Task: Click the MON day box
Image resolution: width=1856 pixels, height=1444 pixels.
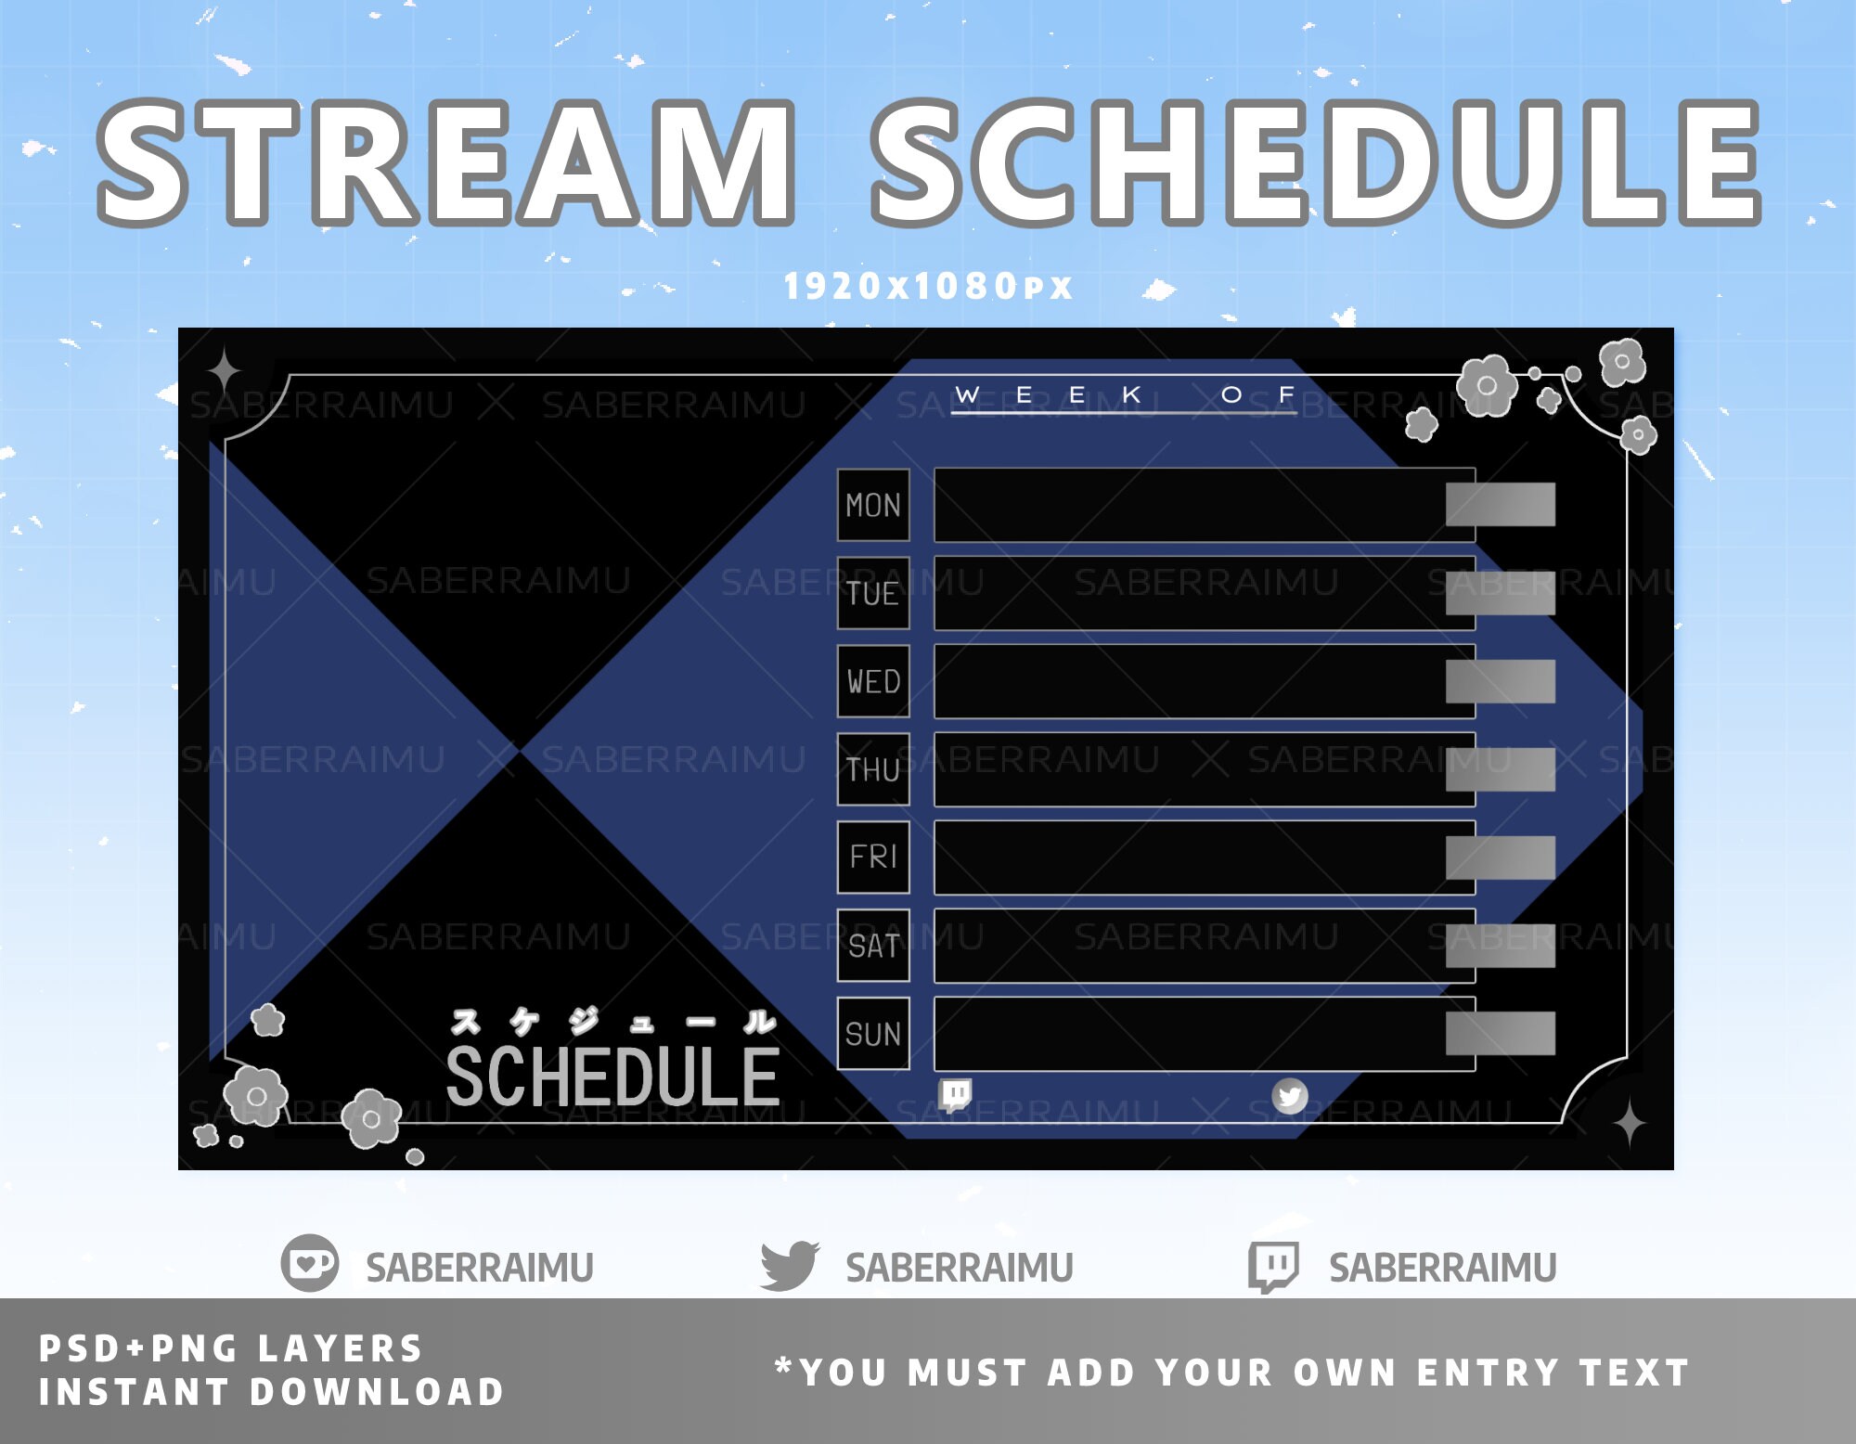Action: [x=873, y=505]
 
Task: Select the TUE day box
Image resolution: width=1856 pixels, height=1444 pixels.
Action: [x=873, y=593]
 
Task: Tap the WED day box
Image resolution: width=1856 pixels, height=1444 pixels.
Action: [x=873, y=681]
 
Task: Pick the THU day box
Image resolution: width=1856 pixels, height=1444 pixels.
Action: [x=873, y=769]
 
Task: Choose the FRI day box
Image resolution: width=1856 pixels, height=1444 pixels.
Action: [x=873, y=857]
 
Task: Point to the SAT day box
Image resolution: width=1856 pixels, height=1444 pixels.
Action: [x=873, y=945]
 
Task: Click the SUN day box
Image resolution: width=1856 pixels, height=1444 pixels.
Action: [x=873, y=1033]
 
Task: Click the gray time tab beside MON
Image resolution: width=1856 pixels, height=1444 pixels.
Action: [x=1500, y=504]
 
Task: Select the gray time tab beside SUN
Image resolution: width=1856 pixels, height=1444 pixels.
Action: [x=1500, y=1033]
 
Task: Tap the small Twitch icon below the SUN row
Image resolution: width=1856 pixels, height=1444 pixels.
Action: [x=955, y=1094]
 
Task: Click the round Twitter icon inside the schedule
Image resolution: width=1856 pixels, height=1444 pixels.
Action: [x=1289, y=1096]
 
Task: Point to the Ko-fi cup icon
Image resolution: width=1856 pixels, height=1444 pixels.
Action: [x=310, y=1263]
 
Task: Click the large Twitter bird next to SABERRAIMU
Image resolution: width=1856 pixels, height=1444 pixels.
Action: [x=789, y=1265]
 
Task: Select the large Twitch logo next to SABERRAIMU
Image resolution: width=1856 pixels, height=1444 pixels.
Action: [x=1272, y=1266]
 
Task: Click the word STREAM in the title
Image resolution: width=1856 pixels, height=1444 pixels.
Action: [x=446, y=163]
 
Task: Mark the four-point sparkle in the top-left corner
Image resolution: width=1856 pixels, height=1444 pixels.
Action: [x=224, y=372]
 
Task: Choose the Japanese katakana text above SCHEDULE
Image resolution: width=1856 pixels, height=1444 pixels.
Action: [x=612, y=1022]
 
